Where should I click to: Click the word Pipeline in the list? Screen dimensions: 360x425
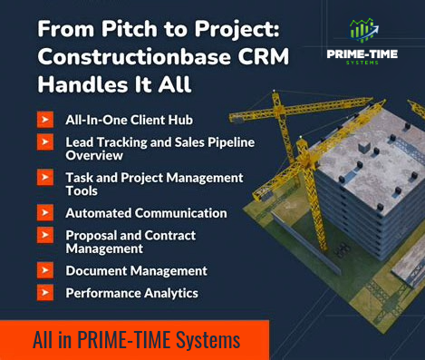tap(222, 142)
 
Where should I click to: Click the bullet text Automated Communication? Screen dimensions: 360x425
tap(146, 213)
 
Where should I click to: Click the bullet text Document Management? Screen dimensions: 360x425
tap(136, 270)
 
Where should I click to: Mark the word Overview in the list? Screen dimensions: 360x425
tap(93, 155)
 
